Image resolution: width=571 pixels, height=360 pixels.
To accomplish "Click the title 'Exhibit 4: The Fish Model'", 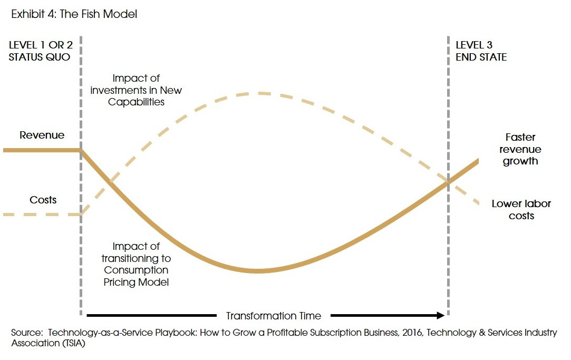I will pyautogui.click(x=74, y=14).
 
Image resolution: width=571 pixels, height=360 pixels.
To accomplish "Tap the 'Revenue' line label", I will pyautogui.click(x=42, y=135).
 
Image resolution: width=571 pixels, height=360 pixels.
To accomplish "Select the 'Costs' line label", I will pyautogui.click(x=43, y=200).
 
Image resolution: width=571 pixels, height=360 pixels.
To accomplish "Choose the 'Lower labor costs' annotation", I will pyautogui.click(x=521, y=210).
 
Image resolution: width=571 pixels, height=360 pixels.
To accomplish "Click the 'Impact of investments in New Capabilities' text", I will pyautogui.click(x=136, y=90).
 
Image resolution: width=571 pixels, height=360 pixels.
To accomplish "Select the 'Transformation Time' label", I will pyautogui.click(x=273, y=316).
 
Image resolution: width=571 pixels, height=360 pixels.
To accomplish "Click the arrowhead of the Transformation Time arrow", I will pyautogui.click(x=442, y=316).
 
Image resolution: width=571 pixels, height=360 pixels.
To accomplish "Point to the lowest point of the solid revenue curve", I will pyautogui.click(x=257, y=271).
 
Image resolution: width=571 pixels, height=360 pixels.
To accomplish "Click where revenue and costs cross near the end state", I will pyautogui.click(x=449, y=182).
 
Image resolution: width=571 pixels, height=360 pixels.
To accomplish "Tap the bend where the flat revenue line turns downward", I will pyautogui.click(x=81, y=150).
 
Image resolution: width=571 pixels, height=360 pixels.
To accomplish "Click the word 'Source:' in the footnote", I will pyautogui.click(x=26, y=333).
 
